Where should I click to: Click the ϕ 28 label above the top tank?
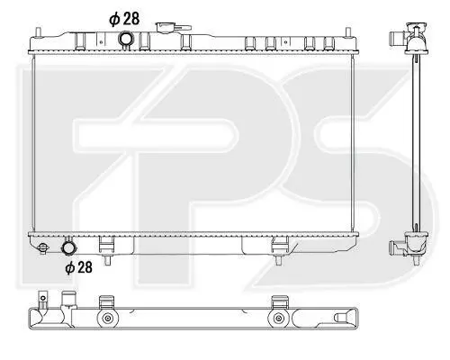pos(124,19)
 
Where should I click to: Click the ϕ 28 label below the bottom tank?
pos(78,267)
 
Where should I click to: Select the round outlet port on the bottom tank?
pos(69,247)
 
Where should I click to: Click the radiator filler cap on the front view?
pos(173,27)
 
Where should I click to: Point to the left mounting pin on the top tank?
pos(39,32)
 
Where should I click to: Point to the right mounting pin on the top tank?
pos(348,32)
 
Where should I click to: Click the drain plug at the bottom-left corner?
pos(43,247)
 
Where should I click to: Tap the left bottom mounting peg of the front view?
pos(107,260)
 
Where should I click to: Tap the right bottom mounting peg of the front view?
pos(279,260)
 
